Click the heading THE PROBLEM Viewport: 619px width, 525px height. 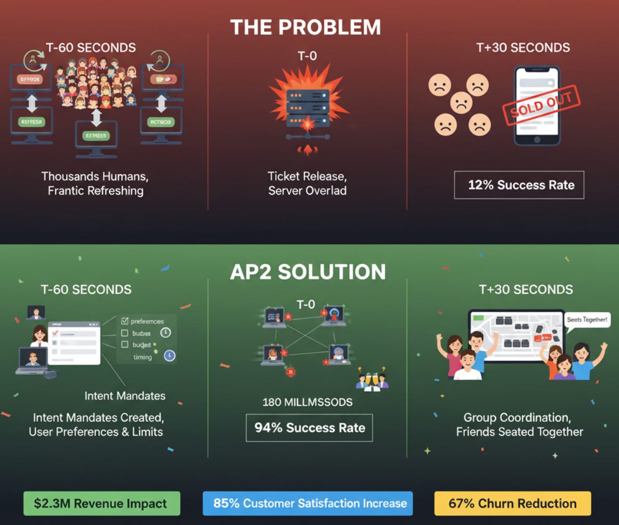pyautogui.click(x=305, y=27)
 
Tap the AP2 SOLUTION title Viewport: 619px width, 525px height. pyautogui.click(x=308, y=272)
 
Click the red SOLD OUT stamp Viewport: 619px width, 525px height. pyautogui.click(x=541, y=105)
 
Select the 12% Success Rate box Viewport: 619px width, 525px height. pyautogui.click(x=519, y=185)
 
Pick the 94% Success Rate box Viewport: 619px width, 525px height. pyautogui.click(x=309, y=428)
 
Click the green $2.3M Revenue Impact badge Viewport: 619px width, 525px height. pyautogui.click(x=102, y=504)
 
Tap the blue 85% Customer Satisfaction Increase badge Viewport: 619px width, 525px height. pyautogui.click(x=307, y=504)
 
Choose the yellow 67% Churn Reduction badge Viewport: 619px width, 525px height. pyautogui.click(x=513, y=504)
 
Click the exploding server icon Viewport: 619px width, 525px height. pyautogui.click(x=307, y=107)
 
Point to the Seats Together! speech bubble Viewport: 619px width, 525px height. pyautogui.click(x=587, y=319)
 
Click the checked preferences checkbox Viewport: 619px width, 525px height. pyautogui.click(x=125, y=321)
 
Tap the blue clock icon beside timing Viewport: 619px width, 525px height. pyautogui.click(x=169, y=356)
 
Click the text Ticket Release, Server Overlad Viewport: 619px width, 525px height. pyautogui.click(x=307, y=183)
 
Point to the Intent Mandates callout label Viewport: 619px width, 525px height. pyautogui.click(x=125, y=396)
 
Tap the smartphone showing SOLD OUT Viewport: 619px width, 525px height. pyautogui.click(x=537, y=106)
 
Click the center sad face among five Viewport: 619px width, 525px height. pyautogui.click(x=461, y=103)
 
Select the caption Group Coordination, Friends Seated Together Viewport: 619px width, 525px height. pyautogui.click(x=519, y=424)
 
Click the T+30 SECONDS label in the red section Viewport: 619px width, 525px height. pyautogui.click(x=523, y=48)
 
